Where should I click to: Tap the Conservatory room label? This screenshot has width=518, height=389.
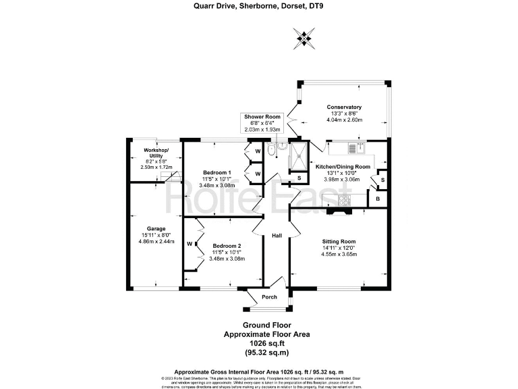tap(344, 107)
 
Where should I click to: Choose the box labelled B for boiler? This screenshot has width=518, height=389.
tap(377, 200)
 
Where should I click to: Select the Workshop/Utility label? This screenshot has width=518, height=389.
tap(156, 153)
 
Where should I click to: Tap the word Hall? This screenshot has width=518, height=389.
tap(277, 236)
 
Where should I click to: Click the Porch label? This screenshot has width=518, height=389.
tap(269, 297)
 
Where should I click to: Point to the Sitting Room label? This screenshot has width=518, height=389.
tap(339, 241)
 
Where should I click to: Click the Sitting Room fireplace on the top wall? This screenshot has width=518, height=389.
tap(339, 211)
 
